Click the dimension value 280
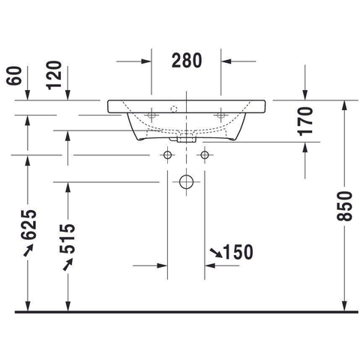pos(187,61)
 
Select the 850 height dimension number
pos(344,206)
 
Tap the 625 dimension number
pos(28,224)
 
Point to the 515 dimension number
pos(67,238)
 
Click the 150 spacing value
pos(238,252)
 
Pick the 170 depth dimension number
pos(306,121)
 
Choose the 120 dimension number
pos(54,75)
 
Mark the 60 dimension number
pos(14,76)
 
